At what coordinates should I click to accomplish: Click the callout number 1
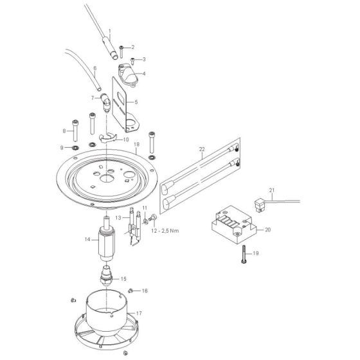coord(110,32)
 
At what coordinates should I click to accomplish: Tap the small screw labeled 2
coord(121,48)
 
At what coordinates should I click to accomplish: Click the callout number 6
coord(94,67)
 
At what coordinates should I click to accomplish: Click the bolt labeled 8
coord(75,129)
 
